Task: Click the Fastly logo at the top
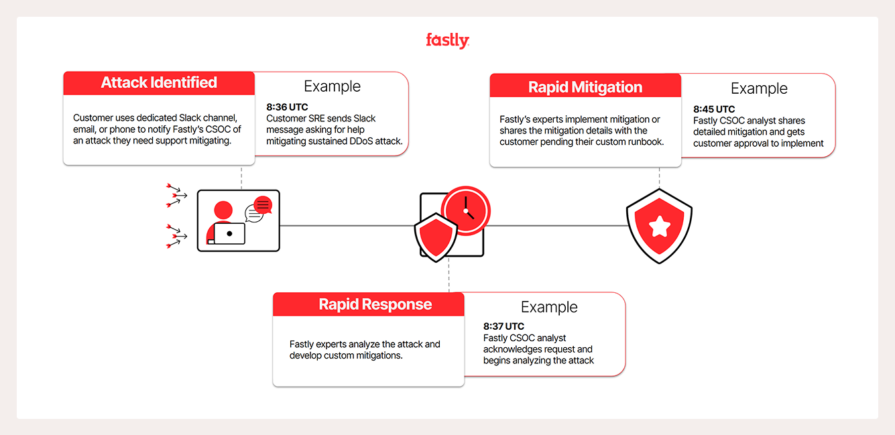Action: (447, 41)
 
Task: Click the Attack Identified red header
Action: (159, 82)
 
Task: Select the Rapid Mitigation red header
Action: (585, 87)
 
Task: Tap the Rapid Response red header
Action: (375, 304)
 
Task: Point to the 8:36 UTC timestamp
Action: (287, 107)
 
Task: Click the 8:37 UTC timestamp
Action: (503, 326)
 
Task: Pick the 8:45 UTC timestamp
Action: (714, 109)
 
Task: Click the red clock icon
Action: (466, 210)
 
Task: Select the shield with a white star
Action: (659, 226)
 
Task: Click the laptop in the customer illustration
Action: (229, 233)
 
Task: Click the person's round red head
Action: (223, 210)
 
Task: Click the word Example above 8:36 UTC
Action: (332, 86)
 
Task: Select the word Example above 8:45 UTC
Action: (759, 88)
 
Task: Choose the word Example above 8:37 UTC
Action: (549, 307)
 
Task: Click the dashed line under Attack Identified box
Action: (241, 177)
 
